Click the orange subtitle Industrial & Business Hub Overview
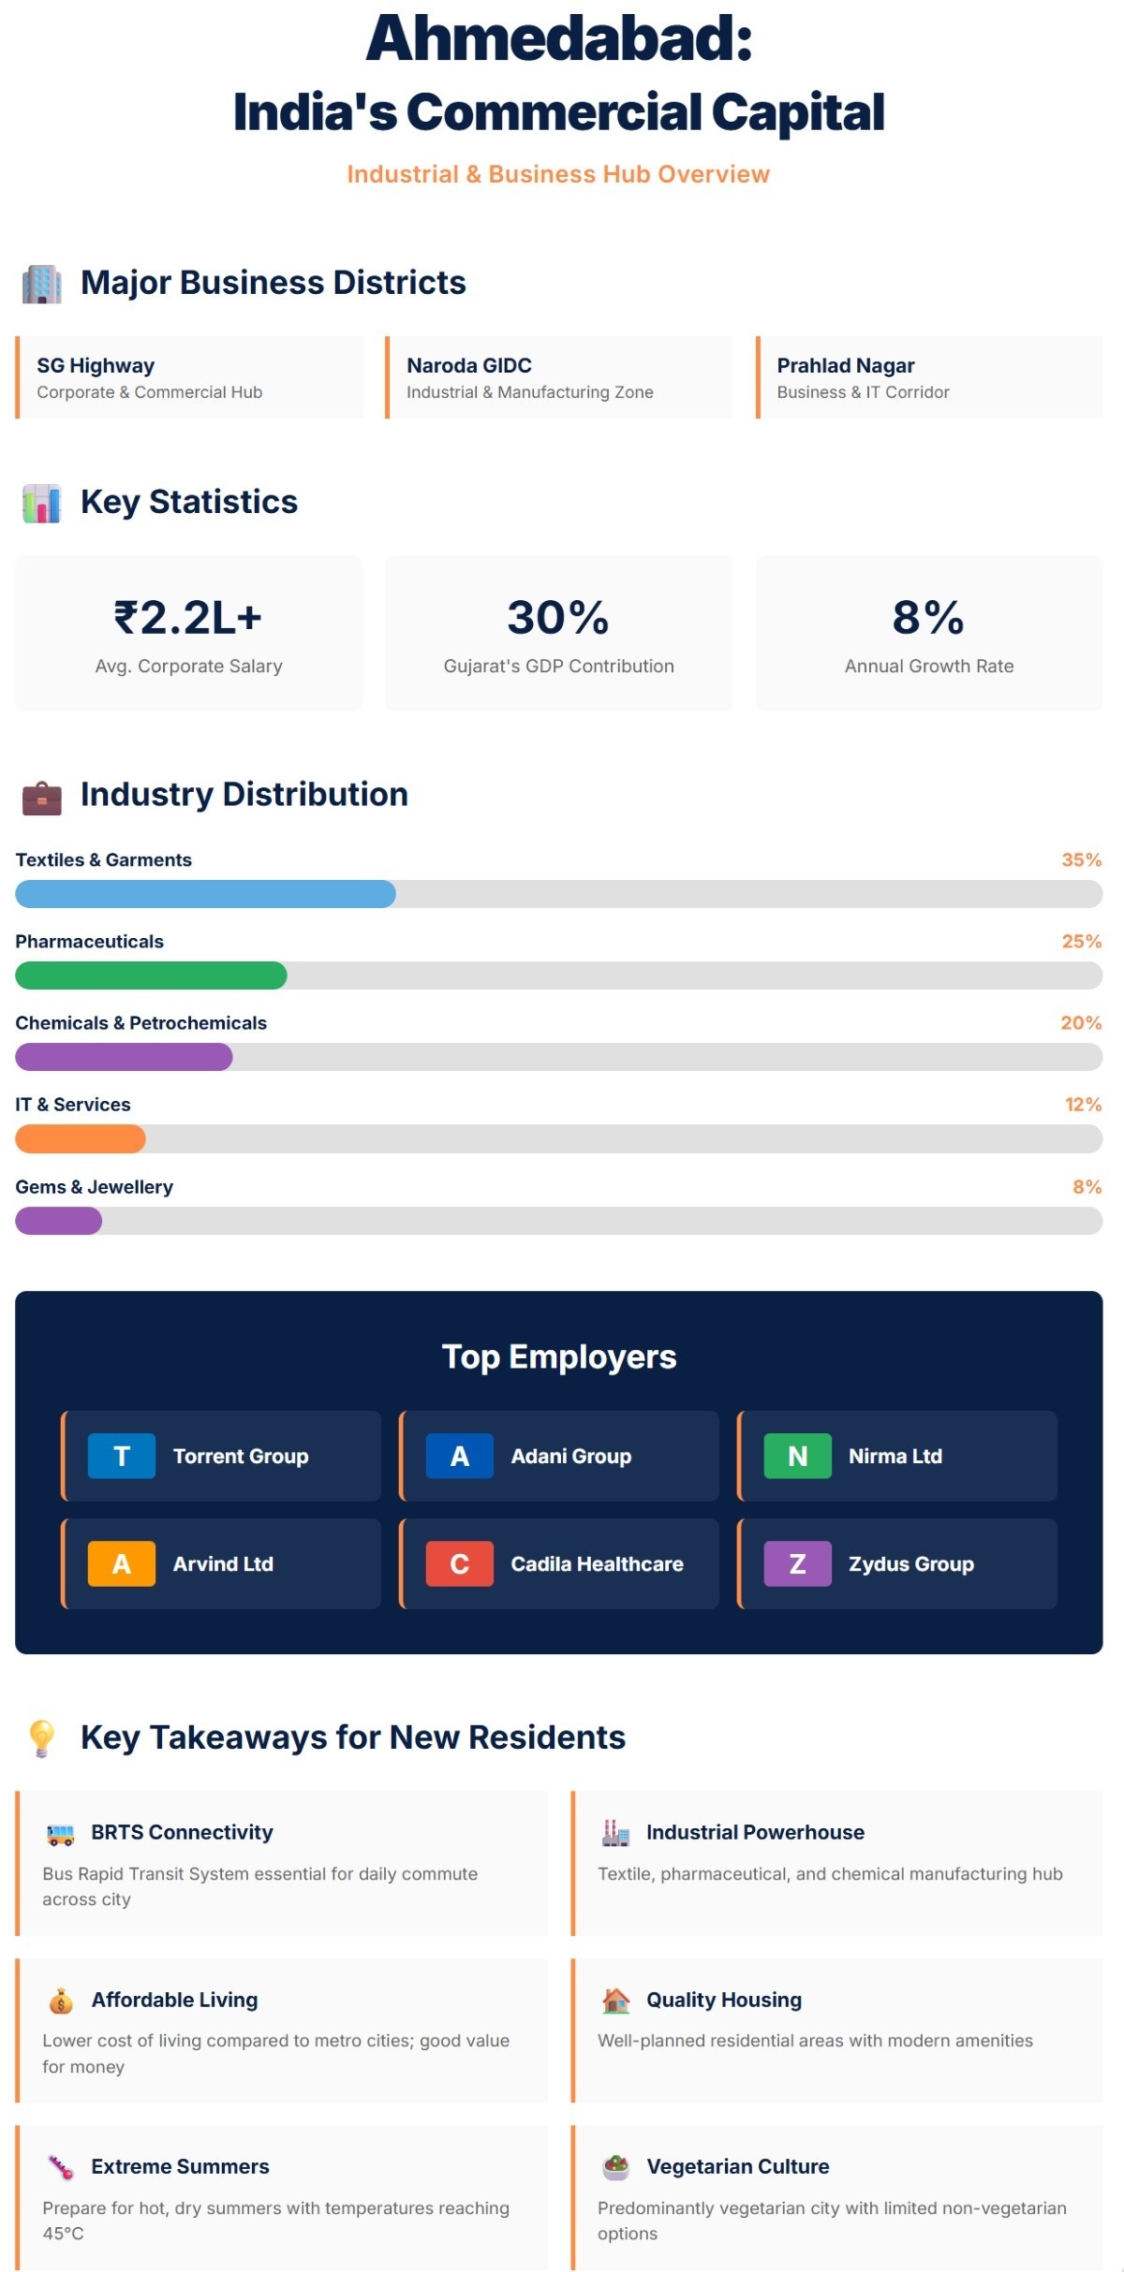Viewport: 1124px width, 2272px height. pos(558,174)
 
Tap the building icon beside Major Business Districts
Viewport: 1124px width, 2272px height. pos(41,284)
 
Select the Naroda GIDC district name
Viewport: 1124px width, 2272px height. pos(468,365)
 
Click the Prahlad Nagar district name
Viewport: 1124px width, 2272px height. pos(845,365)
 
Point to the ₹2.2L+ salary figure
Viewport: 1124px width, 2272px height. pos(188,618)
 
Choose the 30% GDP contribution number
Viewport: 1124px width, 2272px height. pos(558,618)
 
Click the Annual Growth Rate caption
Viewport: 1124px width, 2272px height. pos(928,666)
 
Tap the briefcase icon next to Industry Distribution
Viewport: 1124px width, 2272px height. pos(41,798)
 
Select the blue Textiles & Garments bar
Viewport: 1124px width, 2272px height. pos(205,894)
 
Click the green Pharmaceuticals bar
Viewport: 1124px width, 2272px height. pos(151,975)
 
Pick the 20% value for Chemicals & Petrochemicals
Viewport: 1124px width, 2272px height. pos(1081,1022)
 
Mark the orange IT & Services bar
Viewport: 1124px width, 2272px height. pos(81,1138)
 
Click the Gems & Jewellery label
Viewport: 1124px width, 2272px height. pos(94,1186)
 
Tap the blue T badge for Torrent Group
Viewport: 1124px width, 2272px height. pos(122,1456)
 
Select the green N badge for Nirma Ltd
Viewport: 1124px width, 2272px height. pos(797,1456)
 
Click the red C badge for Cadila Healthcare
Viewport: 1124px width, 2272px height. pos(459,1563)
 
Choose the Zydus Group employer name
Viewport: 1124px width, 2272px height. pos(910,1563)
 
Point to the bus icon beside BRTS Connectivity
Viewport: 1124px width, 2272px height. pos(60,1835)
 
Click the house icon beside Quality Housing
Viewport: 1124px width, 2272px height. pos(615,2001)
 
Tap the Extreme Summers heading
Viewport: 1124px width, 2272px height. pos(180,2166)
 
